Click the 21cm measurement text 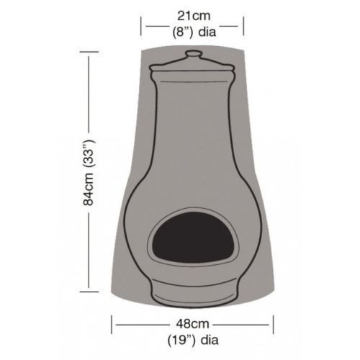click(194, 14)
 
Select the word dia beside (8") click(210, 31)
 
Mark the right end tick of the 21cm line click(244, 27)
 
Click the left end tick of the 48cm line click(112, 322)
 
